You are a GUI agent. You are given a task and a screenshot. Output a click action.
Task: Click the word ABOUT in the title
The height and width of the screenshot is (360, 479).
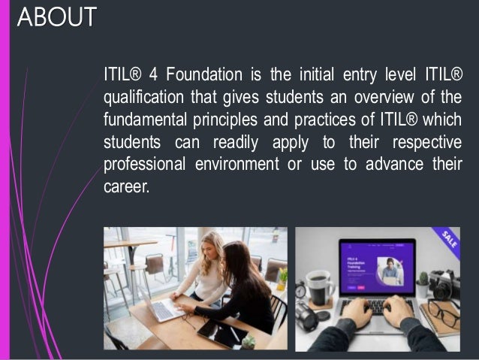point(56,17)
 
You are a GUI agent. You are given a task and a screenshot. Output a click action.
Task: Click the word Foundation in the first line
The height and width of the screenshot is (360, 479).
point(203,74)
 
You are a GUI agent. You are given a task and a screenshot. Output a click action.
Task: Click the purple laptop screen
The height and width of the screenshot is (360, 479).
point(375,267)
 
